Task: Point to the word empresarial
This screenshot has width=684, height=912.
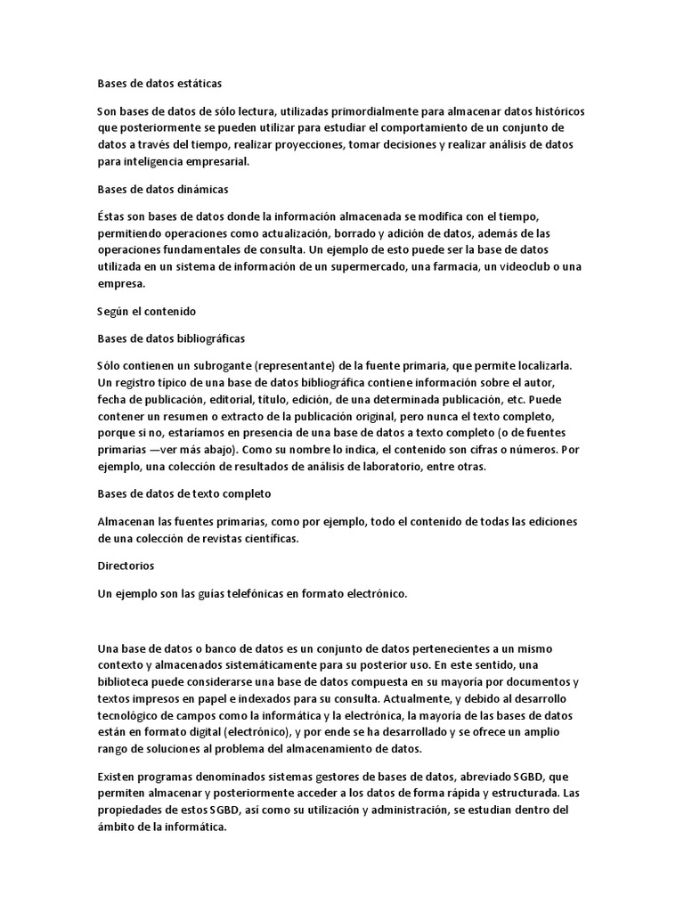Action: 212,161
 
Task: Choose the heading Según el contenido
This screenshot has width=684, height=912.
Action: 146,312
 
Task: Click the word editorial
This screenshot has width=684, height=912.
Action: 232,400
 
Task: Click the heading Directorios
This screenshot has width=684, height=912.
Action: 126,566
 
